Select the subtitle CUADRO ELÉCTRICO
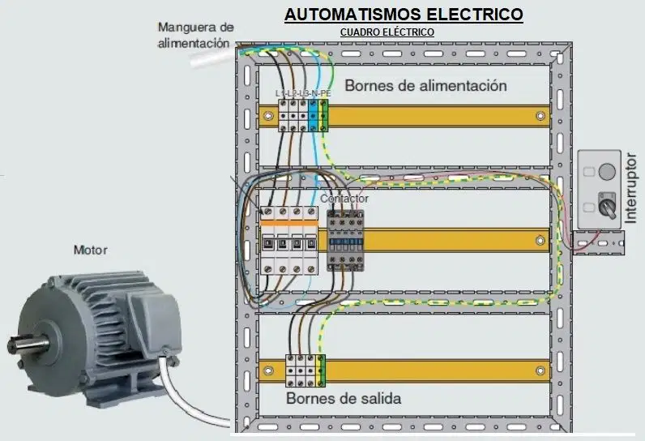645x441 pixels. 387,32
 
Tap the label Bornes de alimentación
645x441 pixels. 425,86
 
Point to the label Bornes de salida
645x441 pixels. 344,398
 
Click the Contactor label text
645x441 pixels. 344,199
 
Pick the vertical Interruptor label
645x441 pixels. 630,188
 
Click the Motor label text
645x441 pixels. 91,250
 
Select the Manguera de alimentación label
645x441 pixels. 195,35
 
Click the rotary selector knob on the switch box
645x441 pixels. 607,204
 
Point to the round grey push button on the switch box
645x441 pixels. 607,171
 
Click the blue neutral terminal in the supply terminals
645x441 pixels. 313,115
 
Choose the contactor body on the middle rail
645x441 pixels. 345,241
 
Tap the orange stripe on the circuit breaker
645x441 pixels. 289,223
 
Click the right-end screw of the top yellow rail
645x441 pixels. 540,116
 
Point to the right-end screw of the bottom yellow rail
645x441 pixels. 540,371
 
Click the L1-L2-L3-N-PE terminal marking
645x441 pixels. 303,93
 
